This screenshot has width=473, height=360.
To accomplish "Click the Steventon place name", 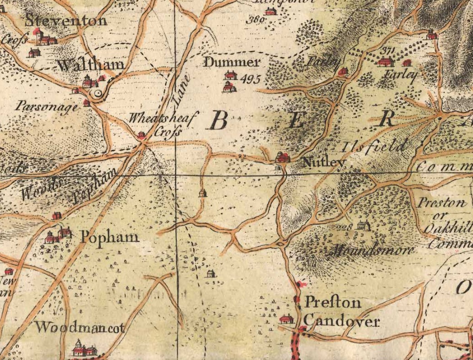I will [66, 20].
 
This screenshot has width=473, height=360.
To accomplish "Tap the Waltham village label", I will [91, 65].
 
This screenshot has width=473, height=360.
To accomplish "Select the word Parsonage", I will [46, 106].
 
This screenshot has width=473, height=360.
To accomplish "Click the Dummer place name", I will [231, 63].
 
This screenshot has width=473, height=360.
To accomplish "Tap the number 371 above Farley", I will [387, 50].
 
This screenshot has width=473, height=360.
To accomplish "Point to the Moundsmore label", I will [373, 249].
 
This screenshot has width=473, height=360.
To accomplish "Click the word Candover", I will [342, 321].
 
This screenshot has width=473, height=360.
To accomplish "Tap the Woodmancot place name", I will [79, 328].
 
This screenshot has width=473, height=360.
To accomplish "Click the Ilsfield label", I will [374, 148].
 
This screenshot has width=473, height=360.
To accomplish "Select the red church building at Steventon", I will [39, 37].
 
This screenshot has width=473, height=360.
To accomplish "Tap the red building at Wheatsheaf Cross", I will [141, 135].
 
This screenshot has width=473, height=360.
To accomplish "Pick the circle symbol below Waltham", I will [98, 93].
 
